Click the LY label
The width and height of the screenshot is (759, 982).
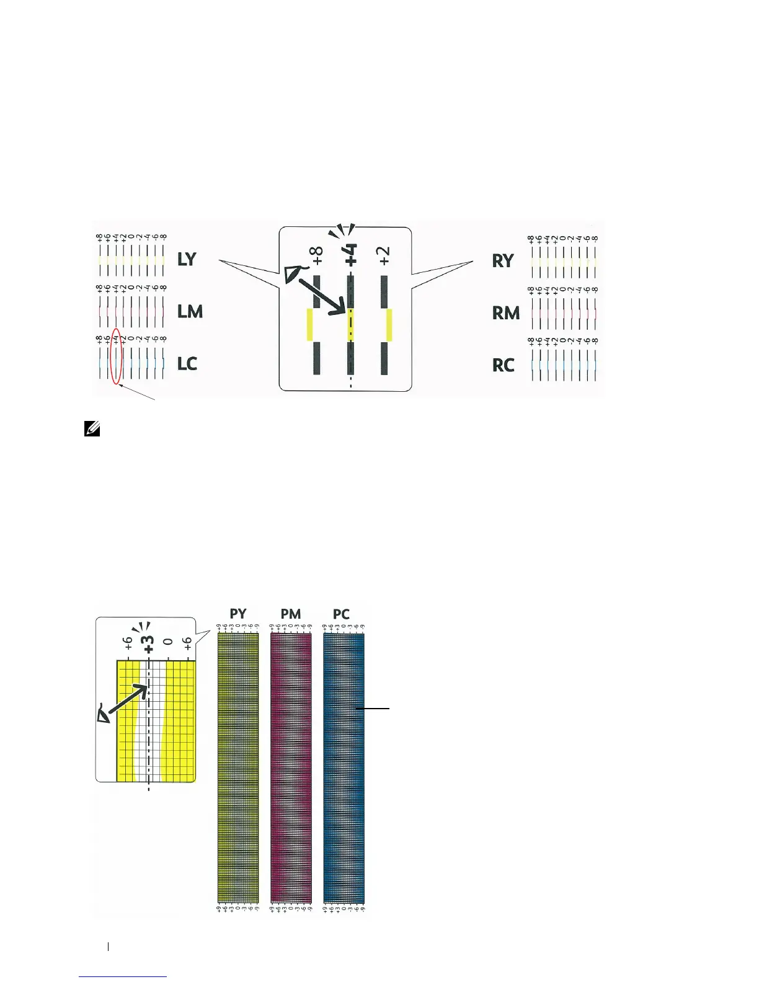coord(187,259)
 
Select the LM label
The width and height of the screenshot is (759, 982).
coord(190,311)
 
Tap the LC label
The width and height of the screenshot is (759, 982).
coord(187,363)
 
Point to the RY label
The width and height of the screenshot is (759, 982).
coord(503,261)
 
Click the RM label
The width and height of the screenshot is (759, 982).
coord(506,313)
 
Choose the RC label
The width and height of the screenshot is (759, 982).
coord(504,365)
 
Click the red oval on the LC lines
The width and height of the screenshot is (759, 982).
coord(116,356)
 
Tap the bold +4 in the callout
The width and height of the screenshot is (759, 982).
coord(351,255)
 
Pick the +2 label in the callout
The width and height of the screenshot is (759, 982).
coord(385,255)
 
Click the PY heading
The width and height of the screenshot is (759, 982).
coord(238,614)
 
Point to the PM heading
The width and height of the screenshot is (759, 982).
coord(290,614)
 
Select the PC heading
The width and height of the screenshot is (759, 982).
coord(341,614)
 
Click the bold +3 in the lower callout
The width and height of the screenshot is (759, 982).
coord(148,643)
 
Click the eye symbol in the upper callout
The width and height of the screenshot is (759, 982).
coord(293,273)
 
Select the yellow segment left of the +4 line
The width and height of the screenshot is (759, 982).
coord(310,325)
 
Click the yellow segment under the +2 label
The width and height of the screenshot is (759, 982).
coord(389,325)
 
